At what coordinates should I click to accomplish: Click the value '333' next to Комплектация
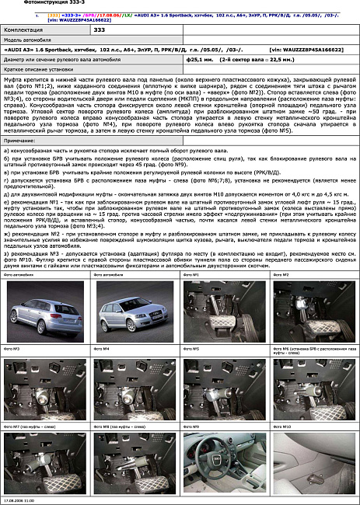click(100, 29)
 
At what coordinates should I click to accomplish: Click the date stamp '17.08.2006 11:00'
click(19, 501)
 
